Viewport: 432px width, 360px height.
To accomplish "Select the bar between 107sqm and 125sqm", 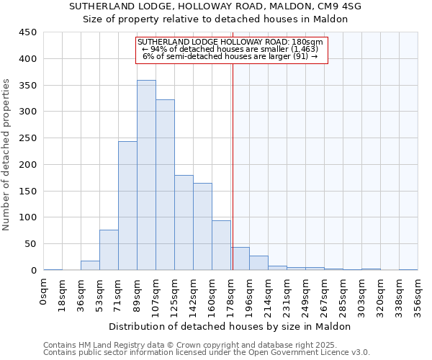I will pyautogui.click(x=165, y=185).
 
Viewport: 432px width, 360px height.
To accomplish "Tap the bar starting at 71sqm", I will pyautogui.click(x=127, y=206).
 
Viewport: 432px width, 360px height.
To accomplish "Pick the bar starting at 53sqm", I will pyautogui.click(x=109, y=250).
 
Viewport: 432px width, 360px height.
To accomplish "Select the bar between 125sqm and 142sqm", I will pyautogui.click(x=184, y=222).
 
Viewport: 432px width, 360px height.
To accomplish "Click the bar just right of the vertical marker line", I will pyautogui.click(x=240, y=258).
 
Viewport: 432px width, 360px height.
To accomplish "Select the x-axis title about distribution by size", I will pyautogui.click(x=230, y=326).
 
